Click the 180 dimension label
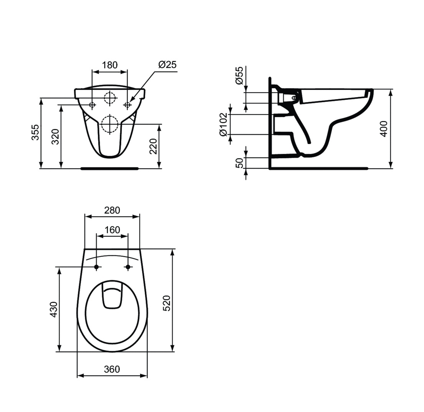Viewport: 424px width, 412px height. pos(110,65)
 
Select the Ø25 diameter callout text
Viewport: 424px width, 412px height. pos(167,65)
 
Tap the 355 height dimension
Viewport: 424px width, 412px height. pos(35,132)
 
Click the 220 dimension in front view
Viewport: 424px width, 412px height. pos(153,146)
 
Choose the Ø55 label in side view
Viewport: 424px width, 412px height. pos(239,75)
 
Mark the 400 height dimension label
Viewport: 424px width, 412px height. pos(384,129)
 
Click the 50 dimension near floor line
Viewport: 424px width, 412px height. pos(239,163)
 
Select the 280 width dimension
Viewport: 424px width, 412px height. pos(112,210)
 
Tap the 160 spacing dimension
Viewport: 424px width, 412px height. pos(112,230)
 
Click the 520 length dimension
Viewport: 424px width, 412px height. pos(166,303)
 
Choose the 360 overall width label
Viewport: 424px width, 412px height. pos(112,369)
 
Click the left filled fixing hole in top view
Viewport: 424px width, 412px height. pos(96,267)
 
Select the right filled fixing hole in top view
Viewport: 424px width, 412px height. pos(128,267)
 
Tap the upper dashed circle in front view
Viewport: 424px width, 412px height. pos(110,98)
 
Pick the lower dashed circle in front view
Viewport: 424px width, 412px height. pos(110,124)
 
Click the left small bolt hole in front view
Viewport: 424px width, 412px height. pos(92,105)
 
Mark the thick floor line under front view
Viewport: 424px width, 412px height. pos(109,168)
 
